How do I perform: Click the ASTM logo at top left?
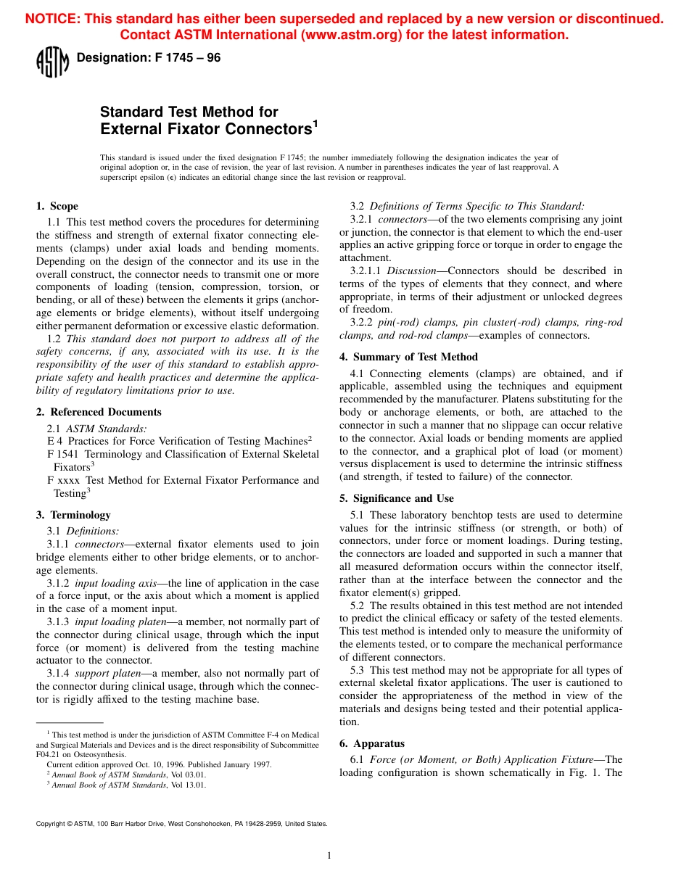pos(52,62)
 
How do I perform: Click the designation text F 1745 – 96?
pos(148,58)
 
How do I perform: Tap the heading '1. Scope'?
pos(57,206)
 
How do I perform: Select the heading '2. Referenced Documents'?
pos(99,412)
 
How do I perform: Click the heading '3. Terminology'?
pos(73,515)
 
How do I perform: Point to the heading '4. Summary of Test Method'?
pos(408,357)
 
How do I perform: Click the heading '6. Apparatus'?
pos(372,743)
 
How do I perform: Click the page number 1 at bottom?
pos(329,856)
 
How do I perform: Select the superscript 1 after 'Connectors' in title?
pos(315,124)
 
